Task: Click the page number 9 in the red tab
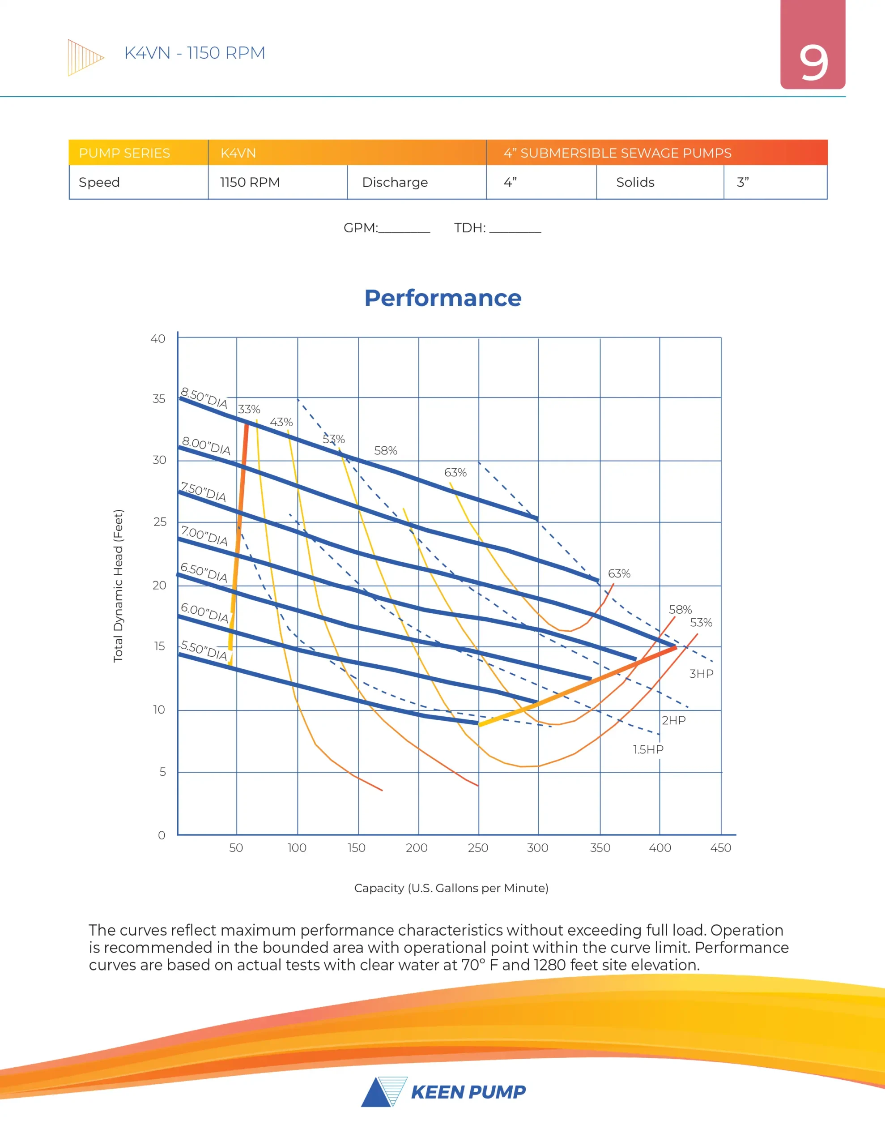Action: (813, 63)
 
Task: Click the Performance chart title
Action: (443, 298)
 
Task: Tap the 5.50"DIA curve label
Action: (204, 650)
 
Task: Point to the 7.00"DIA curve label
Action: (204, 536)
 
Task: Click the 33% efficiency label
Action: (249, 409)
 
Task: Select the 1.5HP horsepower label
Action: (648, 749)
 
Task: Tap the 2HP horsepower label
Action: (673, 720)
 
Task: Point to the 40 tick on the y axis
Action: (158, 339)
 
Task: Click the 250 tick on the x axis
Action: (478, 848)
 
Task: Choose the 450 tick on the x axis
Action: (720, 848)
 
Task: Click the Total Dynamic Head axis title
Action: (119, 586)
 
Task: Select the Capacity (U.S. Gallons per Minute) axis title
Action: (451, 888)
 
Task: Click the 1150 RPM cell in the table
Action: (250, 183)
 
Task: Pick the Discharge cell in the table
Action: (395, 183)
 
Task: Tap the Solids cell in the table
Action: (635, 183)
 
